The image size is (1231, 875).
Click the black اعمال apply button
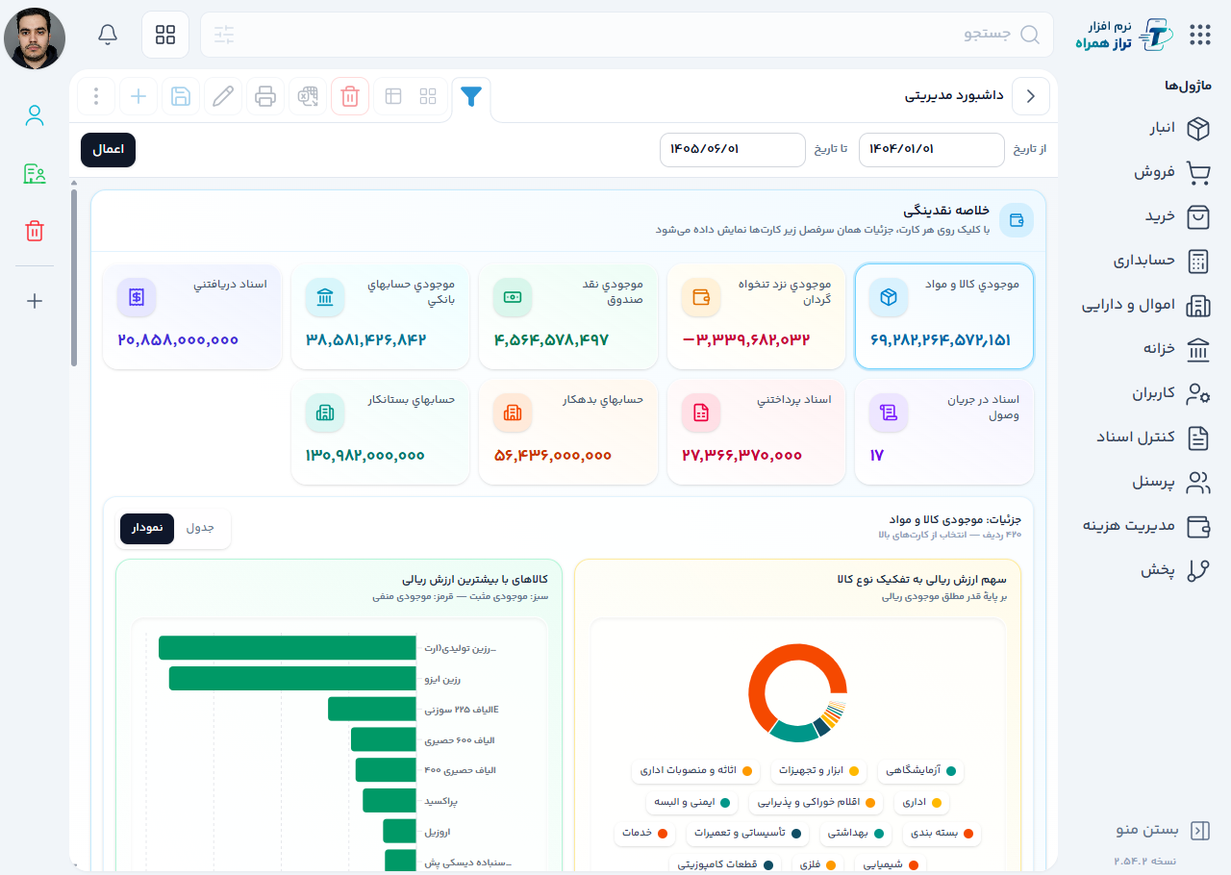click(x=108, y=149)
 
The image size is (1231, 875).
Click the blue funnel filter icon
click(x=471, y=97)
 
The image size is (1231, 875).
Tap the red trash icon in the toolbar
click(x=350, y=97)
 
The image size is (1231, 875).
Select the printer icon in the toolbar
click(x=265, y=97)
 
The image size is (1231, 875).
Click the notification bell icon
click(x=108, y=35)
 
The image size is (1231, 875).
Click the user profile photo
click(x=35, y=37)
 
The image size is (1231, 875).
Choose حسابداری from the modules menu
click(x=1161, y=262)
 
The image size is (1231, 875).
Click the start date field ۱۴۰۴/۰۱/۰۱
click(x=931, y=149)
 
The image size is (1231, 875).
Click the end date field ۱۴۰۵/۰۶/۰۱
click(x=732, y=149)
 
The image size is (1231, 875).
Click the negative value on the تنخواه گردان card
click(x=745, y=340)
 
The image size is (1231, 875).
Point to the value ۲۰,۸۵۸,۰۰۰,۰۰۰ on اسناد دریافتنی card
click(x=178, y=340)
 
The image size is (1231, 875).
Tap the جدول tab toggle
click(x=200, y=528)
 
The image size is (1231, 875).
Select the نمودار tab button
click(x=147, y=528)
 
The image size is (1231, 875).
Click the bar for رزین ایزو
click(x=292, y=678)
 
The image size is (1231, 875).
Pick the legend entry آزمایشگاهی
click(x=920, y=770)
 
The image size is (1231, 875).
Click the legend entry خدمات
click(x=644, y=834)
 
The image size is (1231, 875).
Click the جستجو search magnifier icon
click(x=1029, y=35)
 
